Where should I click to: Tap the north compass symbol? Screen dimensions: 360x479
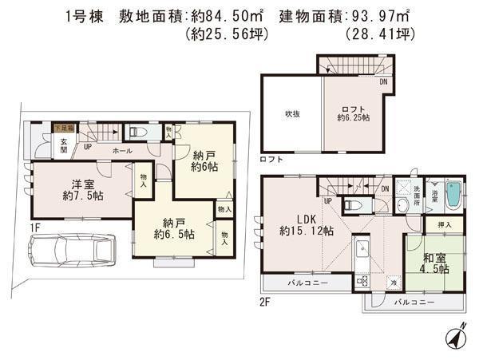click(456, 338)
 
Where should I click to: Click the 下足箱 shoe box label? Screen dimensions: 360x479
click(63, 127)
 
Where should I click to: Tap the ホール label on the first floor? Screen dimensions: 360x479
click(122, 150)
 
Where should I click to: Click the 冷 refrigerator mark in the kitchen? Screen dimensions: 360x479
click(393, 281)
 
